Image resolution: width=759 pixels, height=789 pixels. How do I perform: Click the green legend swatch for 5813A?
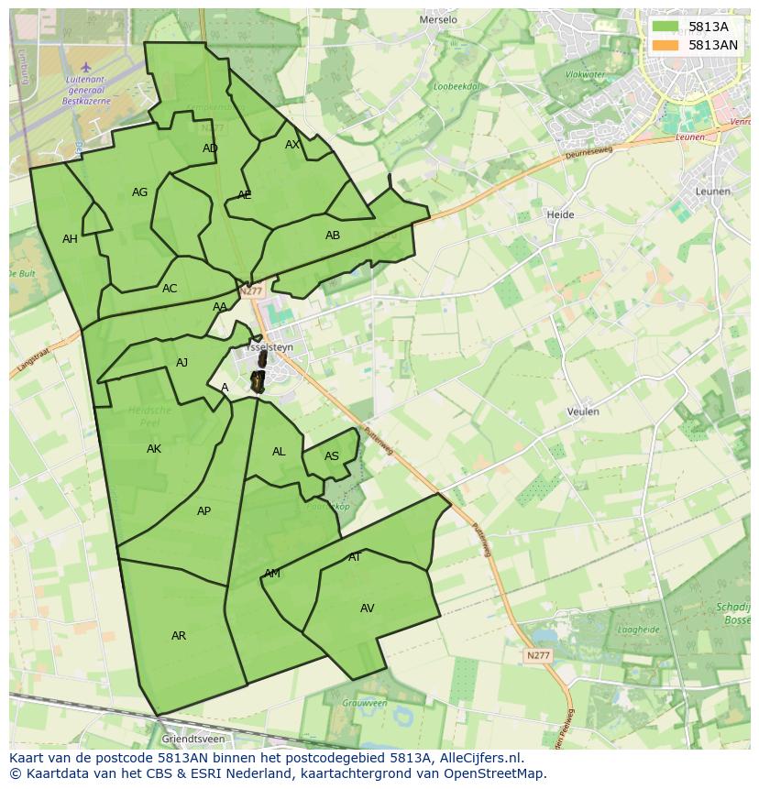pyautogui.click(x=666, y=27)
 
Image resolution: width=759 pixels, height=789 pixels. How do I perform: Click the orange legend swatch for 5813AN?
pyautogui.click(x=666, y=45)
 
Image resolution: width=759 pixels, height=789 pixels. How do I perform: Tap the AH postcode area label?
pyautogui.click(x=70, y=239)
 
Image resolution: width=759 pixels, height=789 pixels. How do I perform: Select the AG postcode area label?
pyautogui.click(x=139, y=192)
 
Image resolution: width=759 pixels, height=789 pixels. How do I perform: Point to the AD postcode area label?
pyautogui.click(x=210, y=148)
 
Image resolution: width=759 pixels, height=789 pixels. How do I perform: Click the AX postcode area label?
pyautogui.click(x=292, y=145)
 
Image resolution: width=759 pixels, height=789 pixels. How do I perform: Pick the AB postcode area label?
pyautogui.click(x=333, y=236)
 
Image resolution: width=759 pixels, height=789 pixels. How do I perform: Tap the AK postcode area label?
pyautogui.click(x=154, y=449)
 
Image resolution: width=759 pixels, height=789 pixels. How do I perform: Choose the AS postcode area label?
pyautogui.click(x=332, y=456)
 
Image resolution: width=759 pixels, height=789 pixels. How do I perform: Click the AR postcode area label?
pyautogui.click(x=179, y=636)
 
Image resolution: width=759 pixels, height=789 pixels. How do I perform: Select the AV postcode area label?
pyautogui.click(x=368, y=608)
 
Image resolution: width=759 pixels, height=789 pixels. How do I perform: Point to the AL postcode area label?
pyautogui.click(x=279, y=452)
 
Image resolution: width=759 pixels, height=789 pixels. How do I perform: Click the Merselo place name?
pyautogui.click(x=437, y=19)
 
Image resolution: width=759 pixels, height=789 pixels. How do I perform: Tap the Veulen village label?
pyautogui.click(x=583, y=411)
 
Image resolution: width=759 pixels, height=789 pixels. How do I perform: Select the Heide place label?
pyautogui.click(x=560, y=214)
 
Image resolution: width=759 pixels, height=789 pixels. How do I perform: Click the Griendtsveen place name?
pyautogui.click(x=192, y=738)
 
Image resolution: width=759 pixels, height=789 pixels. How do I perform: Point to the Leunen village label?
pyautogui.click(x=712, y=192)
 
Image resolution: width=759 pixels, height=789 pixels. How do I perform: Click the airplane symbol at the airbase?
pyautogui.click(x=86, y=66)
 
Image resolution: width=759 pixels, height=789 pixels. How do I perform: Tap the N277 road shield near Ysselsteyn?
pyautogui.click(x=250, y=291)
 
